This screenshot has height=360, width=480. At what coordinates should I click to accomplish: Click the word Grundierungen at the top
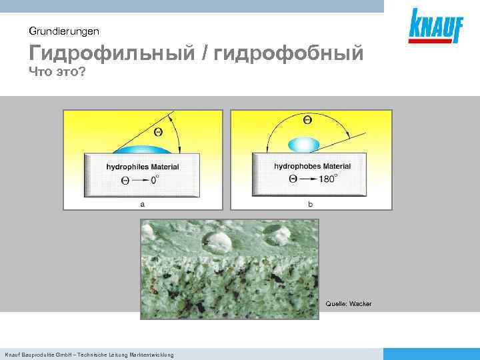tap(64, 31)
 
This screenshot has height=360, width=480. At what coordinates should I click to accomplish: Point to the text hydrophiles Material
tap(143, 167)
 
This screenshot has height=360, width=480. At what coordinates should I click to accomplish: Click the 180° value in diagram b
tap(327, 179)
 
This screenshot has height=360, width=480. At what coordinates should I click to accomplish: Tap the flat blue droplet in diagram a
tap(143, 149)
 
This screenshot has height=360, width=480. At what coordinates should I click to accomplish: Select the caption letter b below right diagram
tap(311, 205)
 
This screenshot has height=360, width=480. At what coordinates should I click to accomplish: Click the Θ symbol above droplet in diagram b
tap(307, 120)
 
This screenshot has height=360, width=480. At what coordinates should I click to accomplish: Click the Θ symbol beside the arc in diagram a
tap(159, 131)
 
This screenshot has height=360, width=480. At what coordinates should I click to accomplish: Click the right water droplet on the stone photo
tap(275, 233)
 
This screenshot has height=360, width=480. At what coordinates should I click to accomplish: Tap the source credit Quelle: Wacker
tap(349, 304)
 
